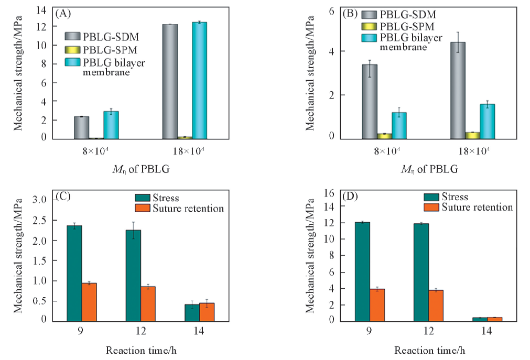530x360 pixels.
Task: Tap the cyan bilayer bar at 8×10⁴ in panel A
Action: (111, 125)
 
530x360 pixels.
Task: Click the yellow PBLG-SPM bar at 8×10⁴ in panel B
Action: (384, 136)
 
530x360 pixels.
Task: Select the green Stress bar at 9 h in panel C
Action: (74, 272)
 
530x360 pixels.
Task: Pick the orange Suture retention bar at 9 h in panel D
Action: (377, 304)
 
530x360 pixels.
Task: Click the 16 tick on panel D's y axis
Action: (334, 193)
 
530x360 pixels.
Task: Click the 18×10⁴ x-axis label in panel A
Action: (185, 151)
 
